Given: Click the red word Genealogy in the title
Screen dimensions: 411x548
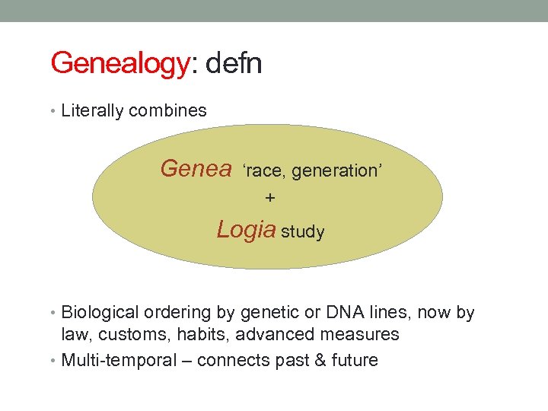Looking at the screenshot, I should click(x=119, y=63).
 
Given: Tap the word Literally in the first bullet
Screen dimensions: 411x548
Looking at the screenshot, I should click(x=93, y=110).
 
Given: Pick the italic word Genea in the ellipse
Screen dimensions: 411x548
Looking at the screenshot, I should click(x=196, y=168).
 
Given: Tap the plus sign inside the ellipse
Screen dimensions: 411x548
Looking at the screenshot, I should click(x=270, y=198).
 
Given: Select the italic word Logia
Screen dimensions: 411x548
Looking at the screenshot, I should click(x=246, y=229).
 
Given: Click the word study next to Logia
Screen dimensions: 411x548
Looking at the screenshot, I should click(x=303, y=232).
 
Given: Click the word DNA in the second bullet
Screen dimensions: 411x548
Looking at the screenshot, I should click(x=345, y=313).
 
